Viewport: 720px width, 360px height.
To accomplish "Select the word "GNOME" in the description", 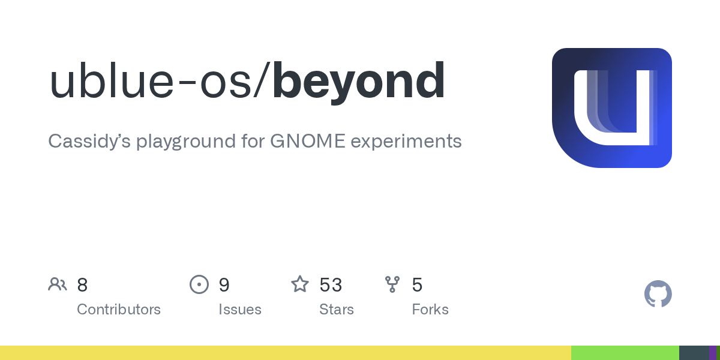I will click(307, 142).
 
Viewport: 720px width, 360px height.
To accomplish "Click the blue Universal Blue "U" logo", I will click(611, 108).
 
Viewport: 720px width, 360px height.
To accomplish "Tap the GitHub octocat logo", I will click(658, 294).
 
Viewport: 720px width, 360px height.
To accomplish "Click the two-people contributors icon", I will click(58, 284).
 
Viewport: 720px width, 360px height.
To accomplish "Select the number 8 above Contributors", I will click(82, 285).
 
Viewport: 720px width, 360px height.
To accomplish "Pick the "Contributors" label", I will click(119, 310).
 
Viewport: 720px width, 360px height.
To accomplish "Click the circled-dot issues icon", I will click(199, 284).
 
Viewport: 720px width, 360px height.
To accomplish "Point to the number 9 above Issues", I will click(224, 285).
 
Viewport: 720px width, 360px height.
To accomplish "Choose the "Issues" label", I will click(240, 310).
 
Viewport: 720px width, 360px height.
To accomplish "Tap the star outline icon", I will click(300, 284).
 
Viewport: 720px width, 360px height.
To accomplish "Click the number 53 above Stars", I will click(331, 285).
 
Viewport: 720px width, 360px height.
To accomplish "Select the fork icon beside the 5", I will click(392, 284).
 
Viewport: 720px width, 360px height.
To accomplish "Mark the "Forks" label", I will click(430, 310).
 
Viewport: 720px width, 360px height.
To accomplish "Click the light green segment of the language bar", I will click(625, 353).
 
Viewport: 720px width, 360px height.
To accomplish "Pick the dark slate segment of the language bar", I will click(694, 353).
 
